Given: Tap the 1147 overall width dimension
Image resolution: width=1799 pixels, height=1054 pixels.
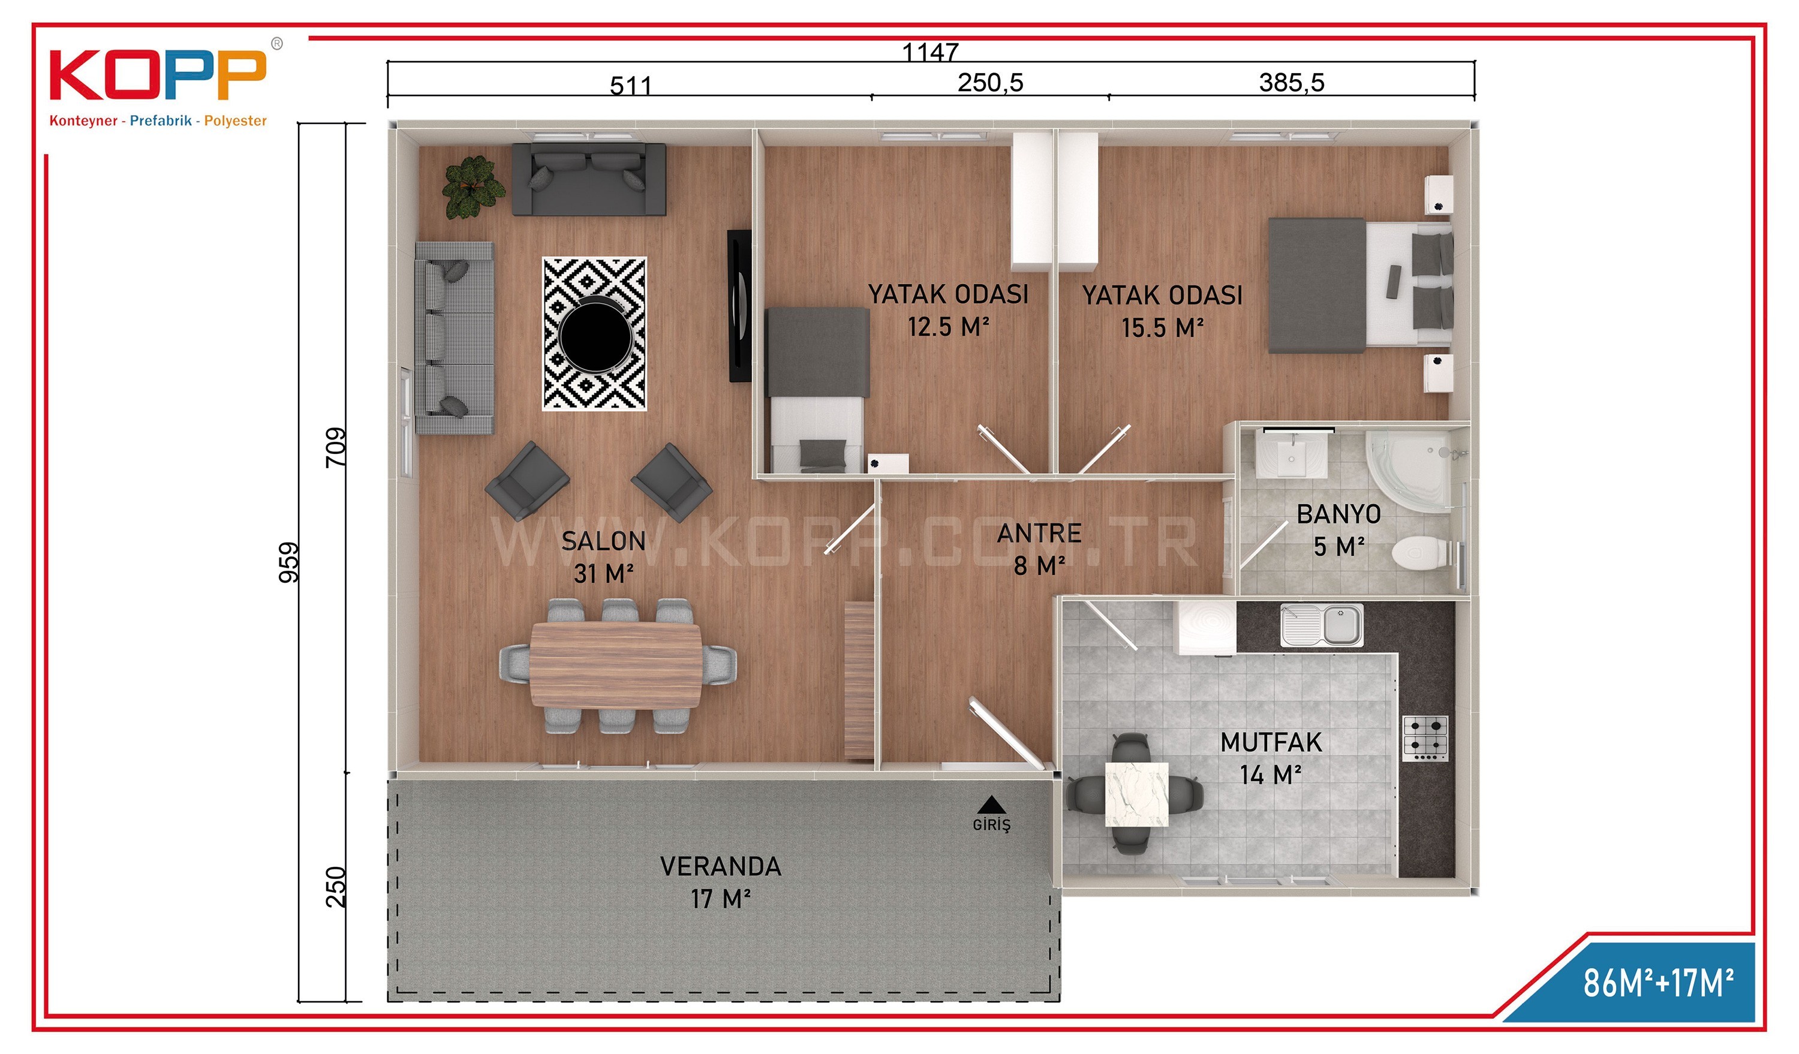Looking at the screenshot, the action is tap(930, 52).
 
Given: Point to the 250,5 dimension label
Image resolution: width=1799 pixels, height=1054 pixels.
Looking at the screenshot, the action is tap(990, 83).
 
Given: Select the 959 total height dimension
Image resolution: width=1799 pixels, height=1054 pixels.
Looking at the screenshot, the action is tap(289, 562).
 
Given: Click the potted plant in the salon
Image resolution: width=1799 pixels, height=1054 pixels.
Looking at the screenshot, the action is tap(472, 187).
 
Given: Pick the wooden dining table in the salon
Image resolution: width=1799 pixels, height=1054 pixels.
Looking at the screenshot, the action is tap(615, 665).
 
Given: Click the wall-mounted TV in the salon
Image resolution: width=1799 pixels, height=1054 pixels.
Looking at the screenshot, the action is tap(739, 305).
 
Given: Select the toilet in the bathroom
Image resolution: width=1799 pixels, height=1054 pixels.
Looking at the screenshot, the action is tap(1421, 553).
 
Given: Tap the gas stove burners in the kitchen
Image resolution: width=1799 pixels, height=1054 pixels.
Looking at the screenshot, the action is tap(1425, 737).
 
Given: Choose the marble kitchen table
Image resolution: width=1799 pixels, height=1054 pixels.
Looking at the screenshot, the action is tap(1136, 794).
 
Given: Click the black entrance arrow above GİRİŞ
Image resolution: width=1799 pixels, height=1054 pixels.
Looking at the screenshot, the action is tap(992, 805).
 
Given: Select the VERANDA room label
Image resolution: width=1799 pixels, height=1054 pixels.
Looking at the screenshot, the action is tap(720, 866).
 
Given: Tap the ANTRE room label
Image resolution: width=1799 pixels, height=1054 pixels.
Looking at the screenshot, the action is tap(1039, 533).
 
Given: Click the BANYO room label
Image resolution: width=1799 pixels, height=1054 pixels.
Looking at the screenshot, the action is tap(1338, 514).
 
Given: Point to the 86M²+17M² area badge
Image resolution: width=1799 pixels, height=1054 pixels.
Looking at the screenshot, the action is tap(1658, 983).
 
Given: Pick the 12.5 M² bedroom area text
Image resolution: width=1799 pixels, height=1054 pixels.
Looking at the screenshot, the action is tap(948, 327).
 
